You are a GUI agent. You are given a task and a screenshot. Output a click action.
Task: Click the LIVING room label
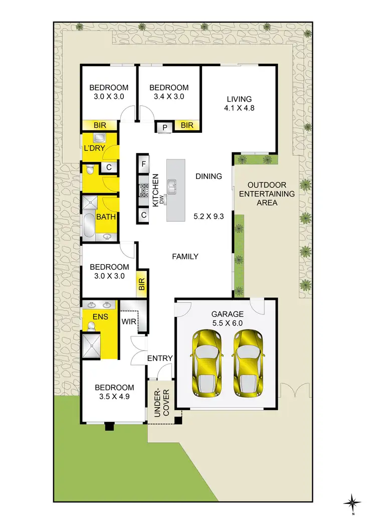click(239, 99)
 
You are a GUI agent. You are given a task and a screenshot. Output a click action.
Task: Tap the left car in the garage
click(206, 362)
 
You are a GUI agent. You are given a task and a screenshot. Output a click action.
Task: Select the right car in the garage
click(248, 362)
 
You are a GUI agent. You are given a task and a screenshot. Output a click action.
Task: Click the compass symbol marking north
click(353, 502)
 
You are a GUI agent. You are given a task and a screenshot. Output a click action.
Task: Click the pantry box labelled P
click(164, 128)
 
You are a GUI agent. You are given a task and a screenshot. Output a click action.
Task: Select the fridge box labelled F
click(144, 163)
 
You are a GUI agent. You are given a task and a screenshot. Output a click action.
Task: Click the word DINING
click(209, 176)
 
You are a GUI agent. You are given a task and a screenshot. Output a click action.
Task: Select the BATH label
click(106, 217)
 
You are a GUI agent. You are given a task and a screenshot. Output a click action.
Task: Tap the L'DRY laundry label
click(93, 148)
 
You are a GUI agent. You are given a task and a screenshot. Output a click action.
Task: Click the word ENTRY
click(159, 358)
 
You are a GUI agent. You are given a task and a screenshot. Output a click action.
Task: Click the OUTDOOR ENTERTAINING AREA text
click(259, 194)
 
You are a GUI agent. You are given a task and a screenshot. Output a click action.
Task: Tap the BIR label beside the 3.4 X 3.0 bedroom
click(187, 125)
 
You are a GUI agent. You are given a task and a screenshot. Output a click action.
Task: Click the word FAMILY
click(185, 256)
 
